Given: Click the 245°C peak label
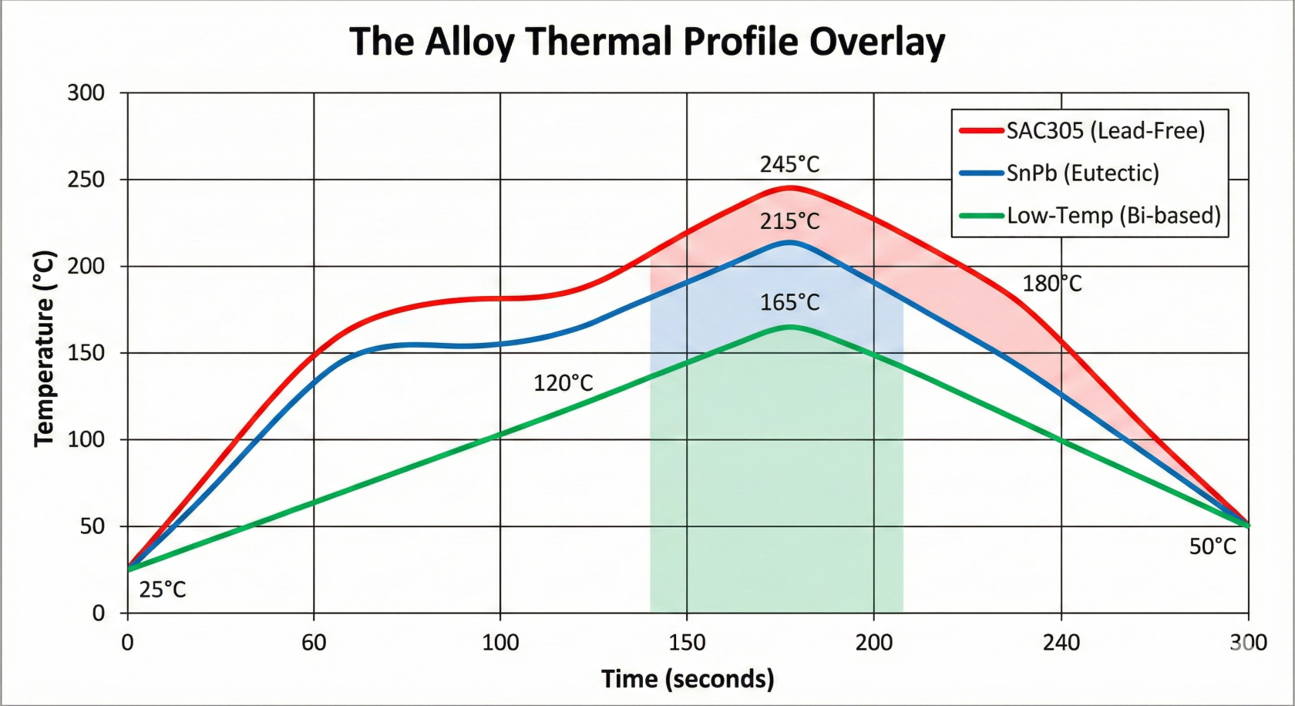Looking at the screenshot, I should pyautogui.click(x=789, y=164).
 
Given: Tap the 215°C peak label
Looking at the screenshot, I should pyautogui.click(x=789, y=221).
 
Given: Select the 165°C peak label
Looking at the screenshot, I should pyautogui.click(x=789, y=302).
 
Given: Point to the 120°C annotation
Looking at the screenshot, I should pyautogui.click(x=563, y=383).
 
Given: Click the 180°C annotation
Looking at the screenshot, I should pyautogui.click(x=1051, y=284).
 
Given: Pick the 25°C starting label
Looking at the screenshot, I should pyautogui.click(x=163, y=590).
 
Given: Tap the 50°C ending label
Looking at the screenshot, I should pyautogui.click(x=1212, y=546).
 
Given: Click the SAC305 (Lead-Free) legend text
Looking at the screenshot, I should pyautogui.click(x=1105, y=131).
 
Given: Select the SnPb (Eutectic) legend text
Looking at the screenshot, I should pyautogui.click(x=1082, y=173).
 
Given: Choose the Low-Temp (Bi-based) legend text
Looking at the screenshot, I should pyautogui.click(x=1114, y=215).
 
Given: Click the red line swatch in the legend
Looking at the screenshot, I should pyautogui.click(x=981, y=131).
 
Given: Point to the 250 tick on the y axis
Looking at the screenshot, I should pyautogui.click(x=86, y=180).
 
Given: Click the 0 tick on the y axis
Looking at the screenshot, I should pyautogui.click(x=98, y=614).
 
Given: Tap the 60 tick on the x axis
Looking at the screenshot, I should pyautogui.click(x=314, y=642).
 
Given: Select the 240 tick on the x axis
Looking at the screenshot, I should pyautogui.click(x=1061, y=642).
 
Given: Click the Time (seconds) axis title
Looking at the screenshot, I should pyautogui.click(x=688, y=679).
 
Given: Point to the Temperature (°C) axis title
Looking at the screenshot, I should pyautogui.click(x=45, y=348).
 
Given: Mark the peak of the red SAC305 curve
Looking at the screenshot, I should pyautogui.click(x=789, y=187).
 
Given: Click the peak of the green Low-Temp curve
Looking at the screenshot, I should pyautogui.click(x=789, y=327).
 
